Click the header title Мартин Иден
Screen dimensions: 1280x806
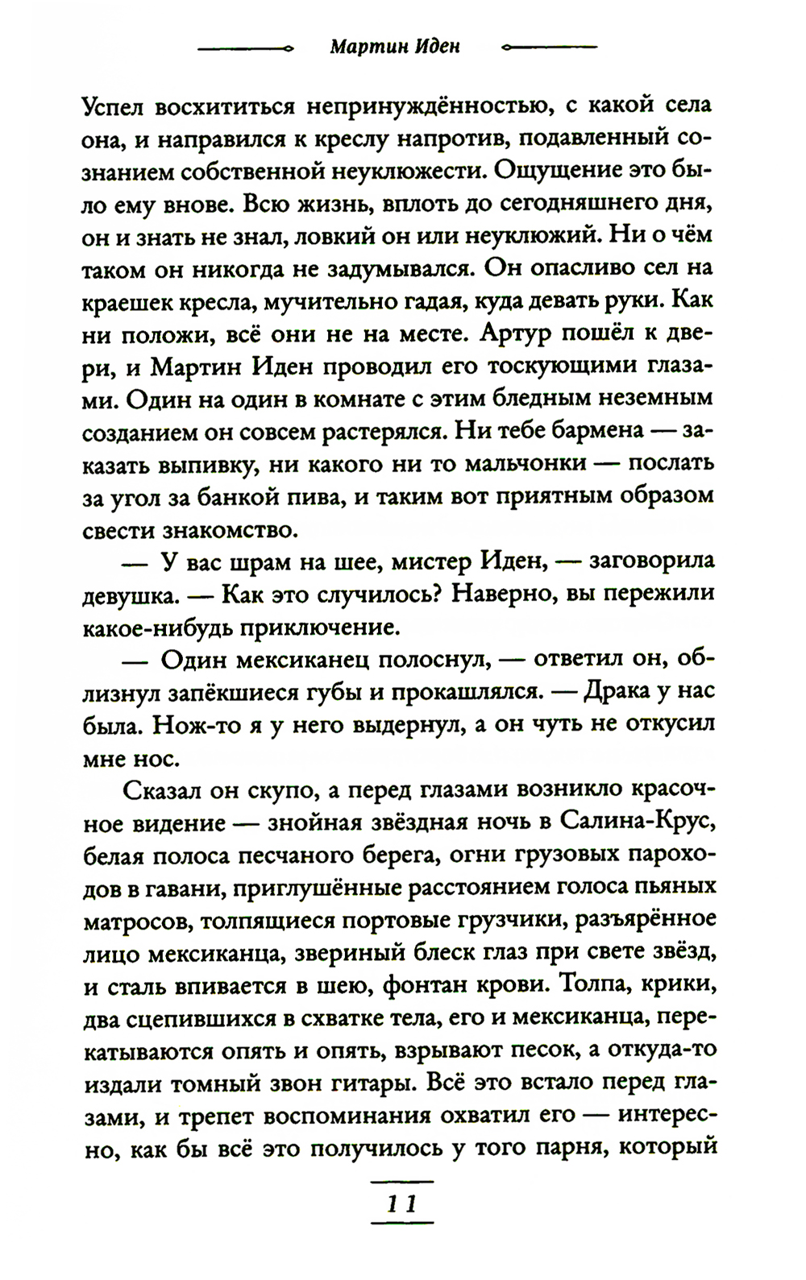395,47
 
